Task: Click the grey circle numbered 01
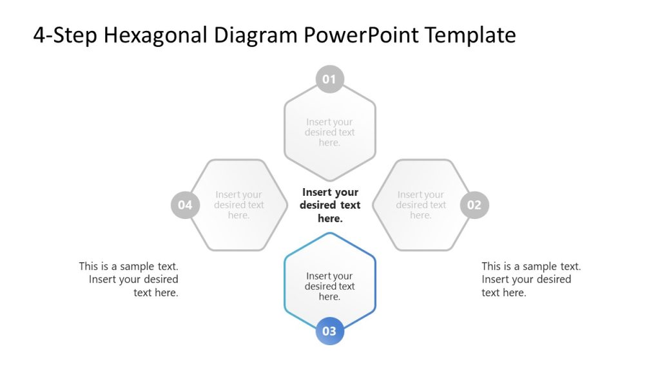329,80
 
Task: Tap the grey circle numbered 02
474,205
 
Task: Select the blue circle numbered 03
329,332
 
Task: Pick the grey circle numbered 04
185,205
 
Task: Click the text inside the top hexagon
329,132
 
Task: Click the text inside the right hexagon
421,205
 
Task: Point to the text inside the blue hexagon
329,287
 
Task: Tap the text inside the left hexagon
238,205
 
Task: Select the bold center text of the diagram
330,205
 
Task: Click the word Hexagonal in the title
155,35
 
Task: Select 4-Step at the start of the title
65,35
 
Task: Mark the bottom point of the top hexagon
329,180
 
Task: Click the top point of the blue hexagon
329,233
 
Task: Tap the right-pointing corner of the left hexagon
287,205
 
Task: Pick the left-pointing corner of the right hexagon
373,205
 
